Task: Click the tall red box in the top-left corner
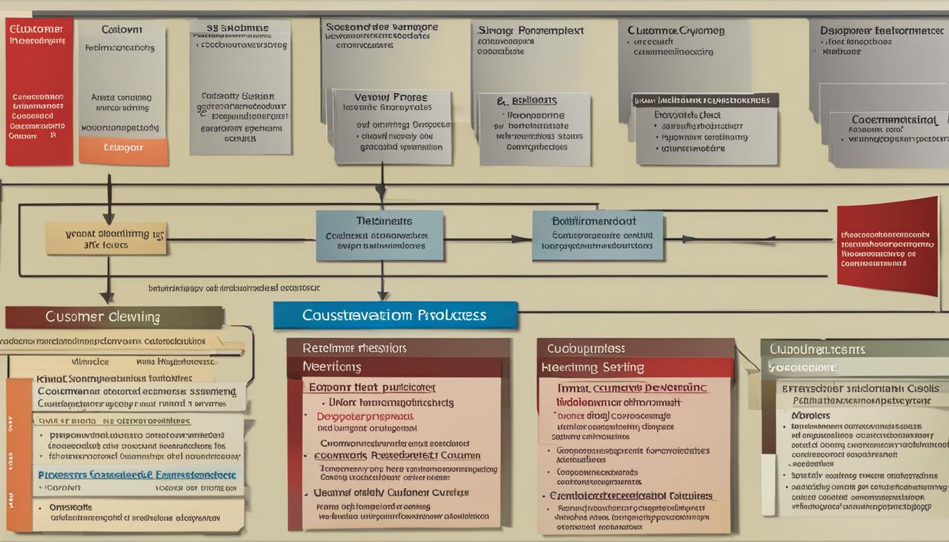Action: point(40,92)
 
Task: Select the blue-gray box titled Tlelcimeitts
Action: point(380,235)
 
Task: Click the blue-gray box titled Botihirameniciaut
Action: point(597,235)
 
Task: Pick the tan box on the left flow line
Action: point(106,238)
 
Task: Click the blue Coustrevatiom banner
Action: point(395,315)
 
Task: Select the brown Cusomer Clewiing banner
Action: point(114,317)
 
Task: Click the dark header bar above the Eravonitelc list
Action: point(705,100)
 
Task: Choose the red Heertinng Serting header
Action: point(635,367)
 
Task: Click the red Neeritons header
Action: point(398,367)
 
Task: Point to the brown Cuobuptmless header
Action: point(635,349)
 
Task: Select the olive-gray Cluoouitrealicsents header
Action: point(854,349)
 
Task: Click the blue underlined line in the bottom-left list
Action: point(137,475)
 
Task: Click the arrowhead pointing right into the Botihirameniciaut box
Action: point(524,239)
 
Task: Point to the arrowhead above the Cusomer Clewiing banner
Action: point(107,297)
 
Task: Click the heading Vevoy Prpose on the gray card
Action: point(390,97)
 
